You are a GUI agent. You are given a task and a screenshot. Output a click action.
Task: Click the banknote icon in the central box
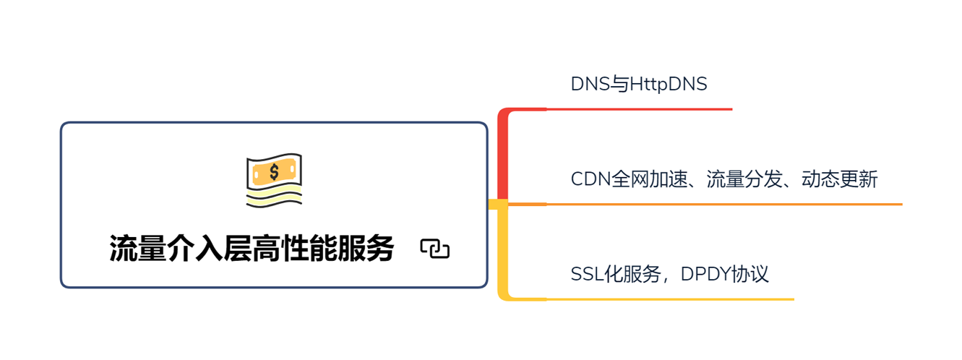click(x=274, y=180)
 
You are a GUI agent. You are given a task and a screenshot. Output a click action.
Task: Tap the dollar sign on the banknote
click(x=274, y=171)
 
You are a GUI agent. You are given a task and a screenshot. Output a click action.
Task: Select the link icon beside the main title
click(x=435, y=249)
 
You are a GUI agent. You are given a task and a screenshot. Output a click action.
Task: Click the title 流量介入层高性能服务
click(x=252, y=249)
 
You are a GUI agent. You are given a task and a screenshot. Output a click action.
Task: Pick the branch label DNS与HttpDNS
click(x=639, y=85)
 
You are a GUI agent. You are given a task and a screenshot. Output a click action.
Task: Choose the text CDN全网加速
click(x=626, y=179)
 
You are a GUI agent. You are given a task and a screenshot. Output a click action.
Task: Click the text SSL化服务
click(x=616, y=275)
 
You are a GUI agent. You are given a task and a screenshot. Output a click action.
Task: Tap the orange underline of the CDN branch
click(x=723, y=205)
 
